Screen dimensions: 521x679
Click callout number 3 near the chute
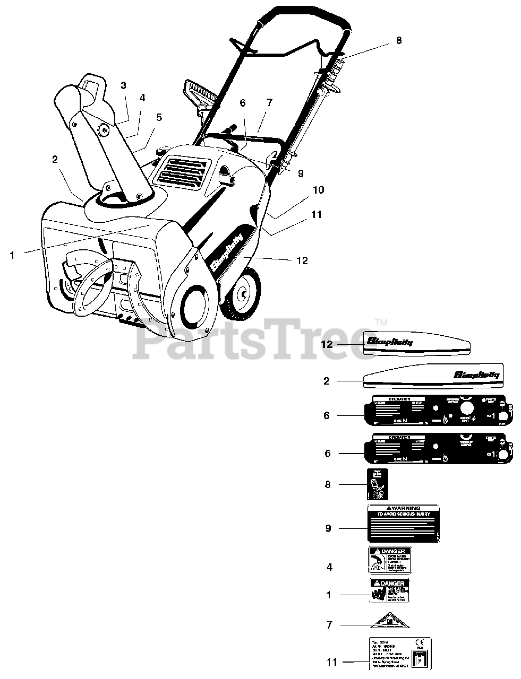pos(123,85)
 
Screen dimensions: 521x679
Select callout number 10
pos(318,190)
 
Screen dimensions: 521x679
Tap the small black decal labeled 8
pos(378,484)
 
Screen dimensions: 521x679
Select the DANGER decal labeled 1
pos(390,590)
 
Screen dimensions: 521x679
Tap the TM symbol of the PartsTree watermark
pos(381,322)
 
